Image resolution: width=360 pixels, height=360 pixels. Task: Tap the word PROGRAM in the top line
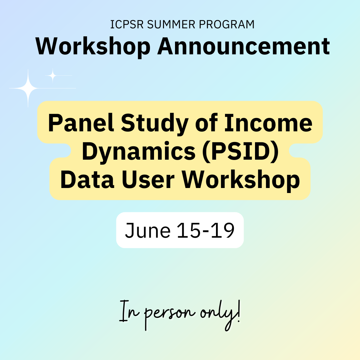coord(227,24)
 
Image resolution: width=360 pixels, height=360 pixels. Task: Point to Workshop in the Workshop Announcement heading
coord(93,47)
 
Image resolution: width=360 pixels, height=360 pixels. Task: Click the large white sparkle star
coord(28,88)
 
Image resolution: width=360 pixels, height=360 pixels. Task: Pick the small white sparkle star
coord(53,75)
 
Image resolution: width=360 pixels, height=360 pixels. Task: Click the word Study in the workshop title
coord(155,124)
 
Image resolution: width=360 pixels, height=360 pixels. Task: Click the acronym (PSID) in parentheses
coord(240,152)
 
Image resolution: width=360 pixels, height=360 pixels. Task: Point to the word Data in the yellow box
coord(87,180)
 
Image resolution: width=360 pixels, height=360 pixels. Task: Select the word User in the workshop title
coord(148,180)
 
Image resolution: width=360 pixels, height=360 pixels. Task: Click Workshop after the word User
coord(241,180)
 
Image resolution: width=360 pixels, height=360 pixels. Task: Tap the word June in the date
coord(148,230)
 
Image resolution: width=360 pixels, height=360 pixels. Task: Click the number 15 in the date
coord(189,230)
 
